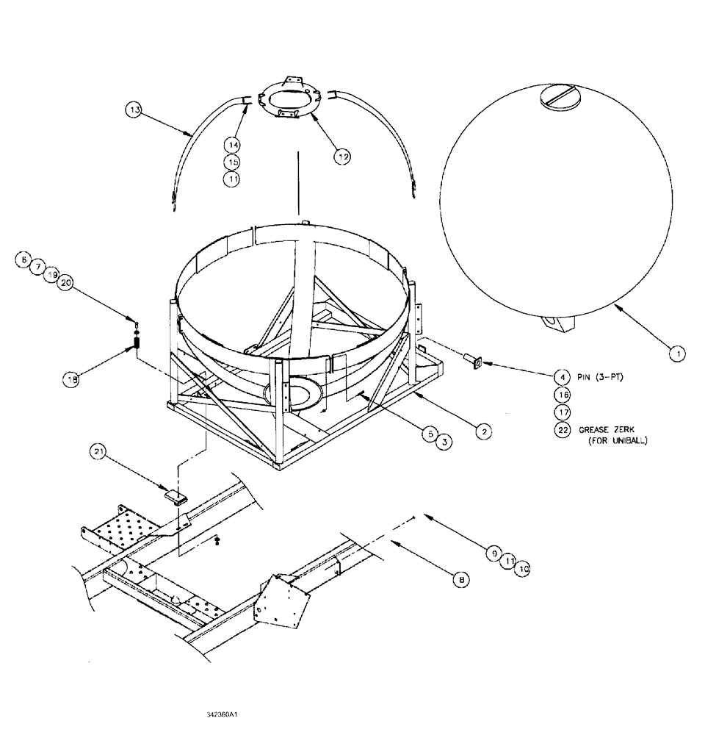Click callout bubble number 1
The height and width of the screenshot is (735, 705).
[678, 354]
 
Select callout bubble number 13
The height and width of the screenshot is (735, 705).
[134, 110]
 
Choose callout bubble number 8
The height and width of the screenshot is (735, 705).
[460, 580]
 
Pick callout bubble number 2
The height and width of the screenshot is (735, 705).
[482, 431]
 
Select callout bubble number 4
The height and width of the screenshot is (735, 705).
[563, 376]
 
